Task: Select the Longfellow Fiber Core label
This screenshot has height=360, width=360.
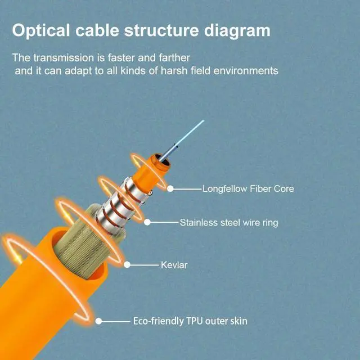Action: pos(248,189)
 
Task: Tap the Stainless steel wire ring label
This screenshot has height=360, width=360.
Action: pos(229,223)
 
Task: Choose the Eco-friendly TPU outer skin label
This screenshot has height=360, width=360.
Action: pos(190,321)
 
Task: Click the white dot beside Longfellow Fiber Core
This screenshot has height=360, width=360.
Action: pos(170,189)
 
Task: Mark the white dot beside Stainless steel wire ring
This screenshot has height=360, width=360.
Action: pos(147,222)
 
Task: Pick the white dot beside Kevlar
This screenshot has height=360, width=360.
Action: pos(127,264)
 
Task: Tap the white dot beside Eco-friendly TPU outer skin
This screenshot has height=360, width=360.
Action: pos(98,321)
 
